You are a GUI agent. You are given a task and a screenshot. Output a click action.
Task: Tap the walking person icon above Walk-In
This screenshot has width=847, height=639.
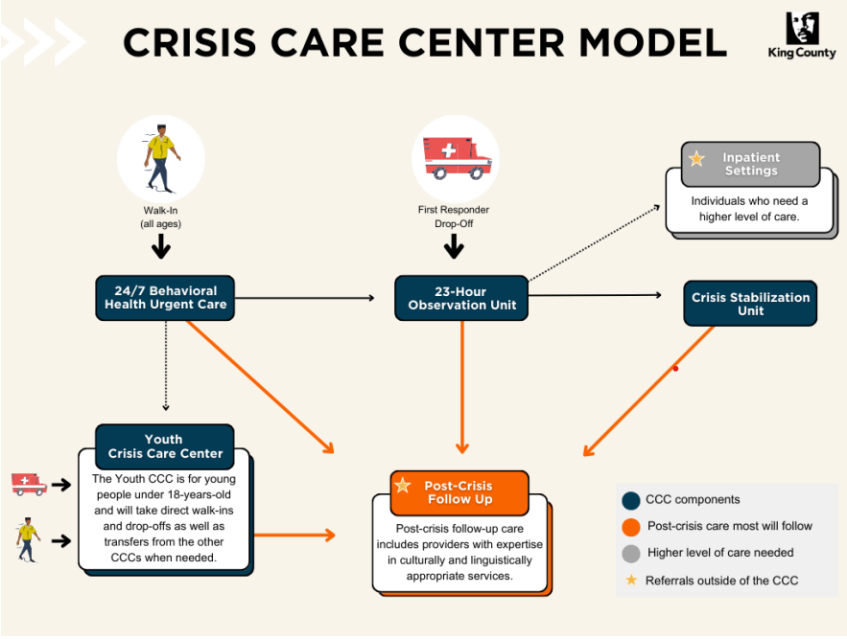point(160,158)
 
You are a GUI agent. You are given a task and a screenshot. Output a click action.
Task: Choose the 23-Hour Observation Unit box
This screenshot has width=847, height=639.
point(460,298)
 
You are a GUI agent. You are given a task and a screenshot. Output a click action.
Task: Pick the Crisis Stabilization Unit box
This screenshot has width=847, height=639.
point(750,304)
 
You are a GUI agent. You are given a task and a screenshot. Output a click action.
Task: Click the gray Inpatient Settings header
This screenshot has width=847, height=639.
point(750,164)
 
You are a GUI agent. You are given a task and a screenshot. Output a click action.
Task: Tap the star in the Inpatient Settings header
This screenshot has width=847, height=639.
point(696,159)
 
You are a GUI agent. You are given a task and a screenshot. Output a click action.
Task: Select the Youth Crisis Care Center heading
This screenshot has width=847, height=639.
point(165,446)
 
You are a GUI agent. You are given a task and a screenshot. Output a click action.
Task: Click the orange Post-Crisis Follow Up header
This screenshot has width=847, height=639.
point(459,492)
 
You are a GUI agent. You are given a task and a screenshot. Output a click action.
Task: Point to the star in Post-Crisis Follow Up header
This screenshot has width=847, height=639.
point(403,486)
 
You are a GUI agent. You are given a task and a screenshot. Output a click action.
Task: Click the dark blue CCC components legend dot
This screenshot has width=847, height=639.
point(630,500)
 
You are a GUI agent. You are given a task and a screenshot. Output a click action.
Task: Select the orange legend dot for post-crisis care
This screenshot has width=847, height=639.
point(630,526)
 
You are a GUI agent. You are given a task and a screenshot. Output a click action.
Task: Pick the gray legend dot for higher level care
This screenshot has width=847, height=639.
point(630,553)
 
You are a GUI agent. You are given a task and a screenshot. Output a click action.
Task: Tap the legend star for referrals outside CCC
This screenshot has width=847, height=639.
point(630,580)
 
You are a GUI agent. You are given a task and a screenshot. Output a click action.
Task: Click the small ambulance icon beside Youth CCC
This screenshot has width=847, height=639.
point(29,484)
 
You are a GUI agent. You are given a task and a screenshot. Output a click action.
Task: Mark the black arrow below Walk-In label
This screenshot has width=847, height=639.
point(161,247)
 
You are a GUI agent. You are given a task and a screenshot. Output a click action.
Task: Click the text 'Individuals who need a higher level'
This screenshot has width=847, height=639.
point(750,209)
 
